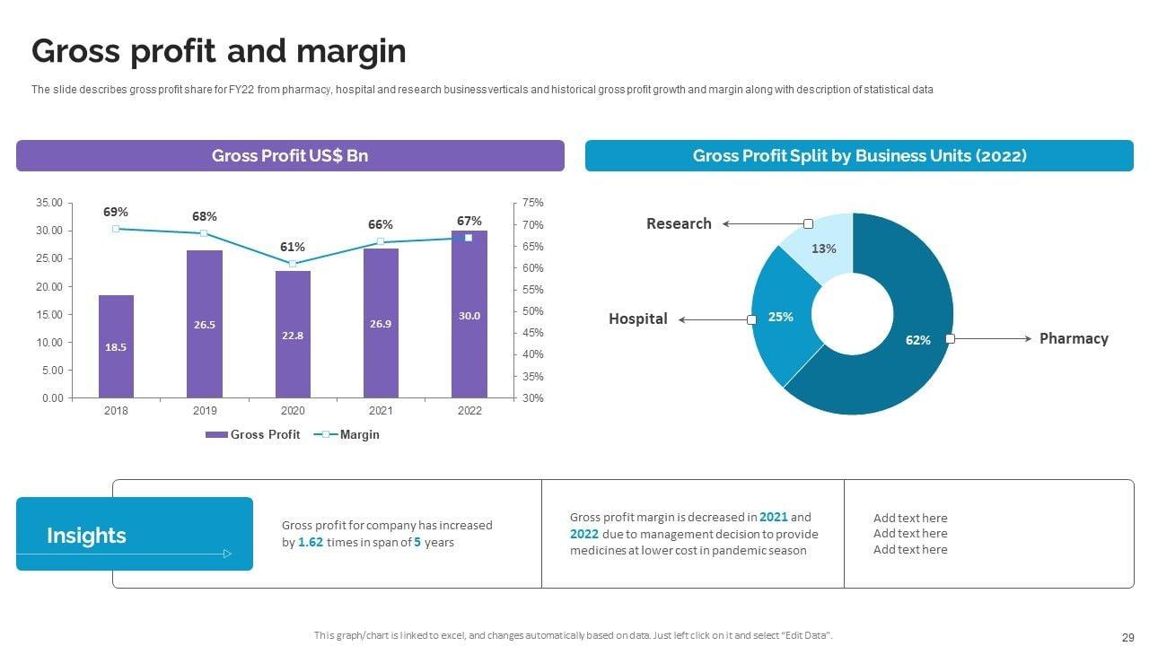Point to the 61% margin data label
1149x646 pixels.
coord(293,247)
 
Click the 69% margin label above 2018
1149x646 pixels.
coord(116,212)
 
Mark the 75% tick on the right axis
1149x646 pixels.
coord(532,203)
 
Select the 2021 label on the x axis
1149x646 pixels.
coord(381,411)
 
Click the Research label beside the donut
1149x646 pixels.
coord(679,223)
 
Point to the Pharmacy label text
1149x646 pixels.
coord(1074,338)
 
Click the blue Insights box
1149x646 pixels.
coord(135,534)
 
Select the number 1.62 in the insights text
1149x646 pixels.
coord(311,542)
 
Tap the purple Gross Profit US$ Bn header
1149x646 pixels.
coord(290,155)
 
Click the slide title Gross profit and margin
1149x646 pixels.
coord(219,51)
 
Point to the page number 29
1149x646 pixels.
coord(1128,636)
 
